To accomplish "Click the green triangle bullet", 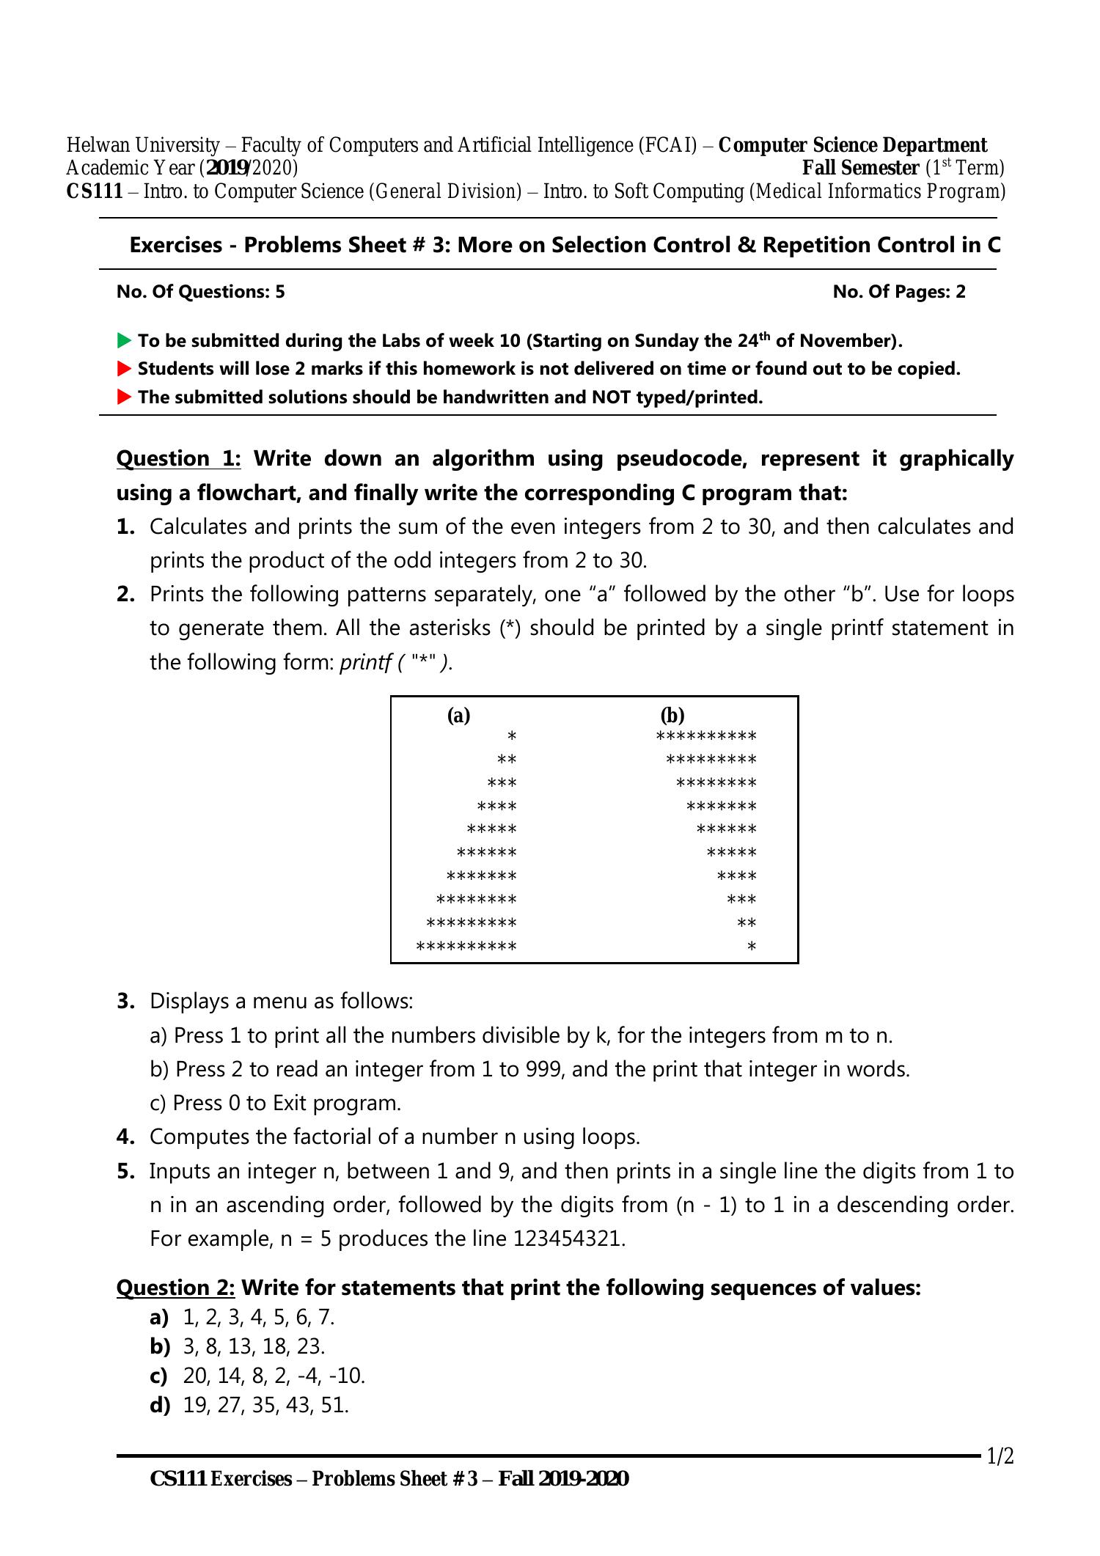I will click(x=124, y=341).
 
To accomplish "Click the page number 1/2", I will click(x=1000, y=1456).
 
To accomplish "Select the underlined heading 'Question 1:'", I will click(x=178, y=459).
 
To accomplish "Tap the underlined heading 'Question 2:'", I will click(x=176, y=1288).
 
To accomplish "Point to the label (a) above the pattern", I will click(x=458, y=716).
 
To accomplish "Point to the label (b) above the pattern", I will click(x=672, y=716).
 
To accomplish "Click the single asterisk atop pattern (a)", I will click(x=512, y=736).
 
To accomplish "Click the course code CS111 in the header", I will click(x=95, y=192).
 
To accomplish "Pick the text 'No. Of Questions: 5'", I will click(x=201, y=292).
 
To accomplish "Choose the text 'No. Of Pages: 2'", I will click(x=899, y=292).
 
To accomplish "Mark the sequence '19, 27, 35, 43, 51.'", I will click(x=265, y=1405).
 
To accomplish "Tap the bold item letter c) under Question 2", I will click(x=159, y=1376).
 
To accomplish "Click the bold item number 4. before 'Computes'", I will click(x=125, y=1137).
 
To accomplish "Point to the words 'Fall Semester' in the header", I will click(x=860, y=169).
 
